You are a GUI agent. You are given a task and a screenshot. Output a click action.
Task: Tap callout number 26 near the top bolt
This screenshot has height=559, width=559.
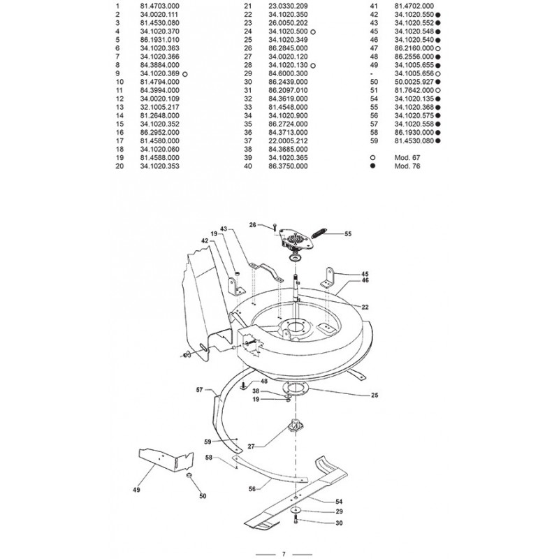(254, 224)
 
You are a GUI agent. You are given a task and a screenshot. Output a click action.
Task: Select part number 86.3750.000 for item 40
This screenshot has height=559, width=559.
(289, 168)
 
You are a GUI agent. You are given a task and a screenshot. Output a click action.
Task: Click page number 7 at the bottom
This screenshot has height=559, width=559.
(284, 554)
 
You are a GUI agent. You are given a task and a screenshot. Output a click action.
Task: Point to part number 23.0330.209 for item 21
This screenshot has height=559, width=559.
(289, 6)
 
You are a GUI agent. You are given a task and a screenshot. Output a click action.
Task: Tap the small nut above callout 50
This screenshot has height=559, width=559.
(188, 475)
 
